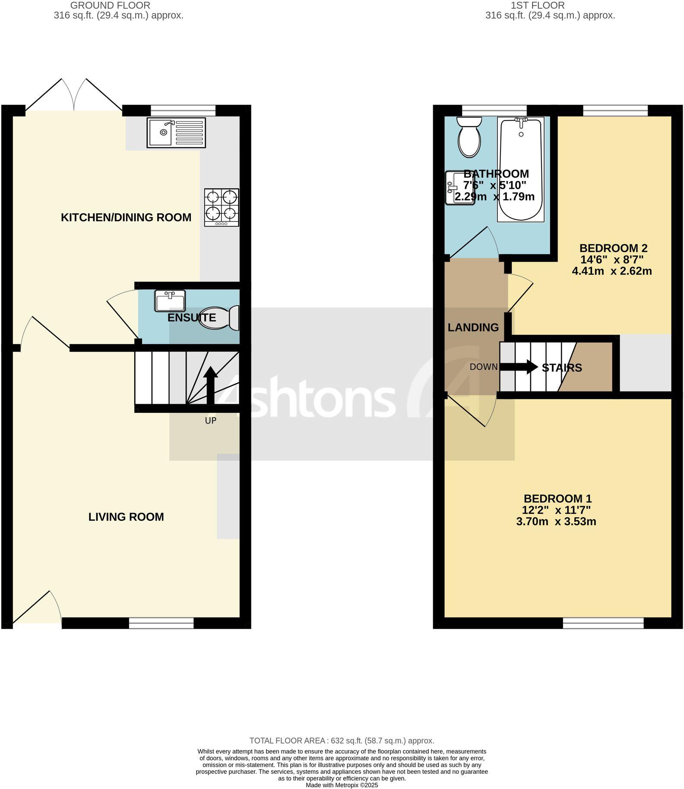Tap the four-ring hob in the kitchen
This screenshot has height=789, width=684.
[x=222, y=207]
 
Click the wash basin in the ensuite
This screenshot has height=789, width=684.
[x=170, y=301]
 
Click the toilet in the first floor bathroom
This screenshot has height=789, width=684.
[x=469, y=137]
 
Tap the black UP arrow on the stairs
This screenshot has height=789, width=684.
[x=211, y=385]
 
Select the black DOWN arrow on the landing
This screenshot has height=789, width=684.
[x=519, y=367]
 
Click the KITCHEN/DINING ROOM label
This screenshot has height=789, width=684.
[x=126, y=217]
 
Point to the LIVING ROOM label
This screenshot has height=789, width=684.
[x=126, y=517]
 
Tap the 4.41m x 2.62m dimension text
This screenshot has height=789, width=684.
[x=611, y=271]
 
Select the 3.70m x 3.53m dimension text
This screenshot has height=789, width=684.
[x=556, y=522]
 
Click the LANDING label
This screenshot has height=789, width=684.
[x=473, y=327]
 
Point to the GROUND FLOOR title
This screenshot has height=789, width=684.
[x=111, y=6]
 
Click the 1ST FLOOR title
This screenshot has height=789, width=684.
[x=538, y=6]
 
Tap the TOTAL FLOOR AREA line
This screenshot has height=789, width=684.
[x=342, y=741]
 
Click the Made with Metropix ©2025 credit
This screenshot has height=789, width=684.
[x=342, y=785]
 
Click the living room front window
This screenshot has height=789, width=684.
[x=161, y=623]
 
